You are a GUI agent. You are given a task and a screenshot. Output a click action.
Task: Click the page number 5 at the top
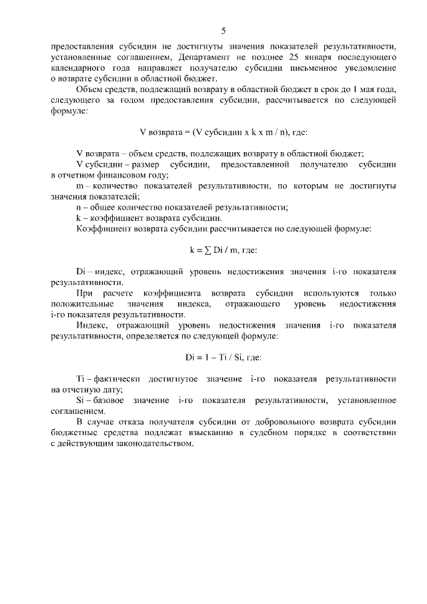(x=224, y=31)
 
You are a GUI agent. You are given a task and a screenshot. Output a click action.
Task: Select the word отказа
(x=137, y=421)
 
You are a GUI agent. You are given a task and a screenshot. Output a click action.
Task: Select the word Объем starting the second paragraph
(x=90, y=89)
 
